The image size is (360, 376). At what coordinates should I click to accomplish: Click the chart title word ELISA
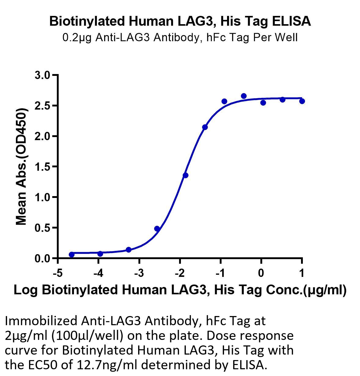tap(292, 21)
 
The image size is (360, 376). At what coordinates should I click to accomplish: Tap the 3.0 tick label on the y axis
tap(42, 75)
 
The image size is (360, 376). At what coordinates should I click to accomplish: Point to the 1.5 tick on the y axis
tap(42, 166)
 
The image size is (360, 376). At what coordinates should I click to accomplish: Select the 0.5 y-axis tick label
tap(42, 228)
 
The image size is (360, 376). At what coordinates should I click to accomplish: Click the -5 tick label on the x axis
tap(57, 273)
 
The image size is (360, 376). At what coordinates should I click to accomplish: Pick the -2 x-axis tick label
tap(179, 273)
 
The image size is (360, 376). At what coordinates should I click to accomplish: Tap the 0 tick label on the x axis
tap(261, 273)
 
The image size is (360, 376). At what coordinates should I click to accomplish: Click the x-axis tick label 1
tap(302, 273)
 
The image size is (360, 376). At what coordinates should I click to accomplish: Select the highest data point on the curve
tap(244, 96)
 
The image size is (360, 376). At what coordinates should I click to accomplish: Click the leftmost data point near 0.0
tap(72, 255)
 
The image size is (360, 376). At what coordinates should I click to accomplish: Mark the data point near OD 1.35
tap(185, 175)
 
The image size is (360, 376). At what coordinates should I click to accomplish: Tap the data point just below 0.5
tap(157, 229)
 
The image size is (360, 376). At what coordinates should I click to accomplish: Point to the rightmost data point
tap(302, 101)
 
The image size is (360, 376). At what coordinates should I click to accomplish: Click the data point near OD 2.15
tap(205, 127)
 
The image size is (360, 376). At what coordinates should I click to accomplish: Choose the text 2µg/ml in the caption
tap(26, 336)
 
